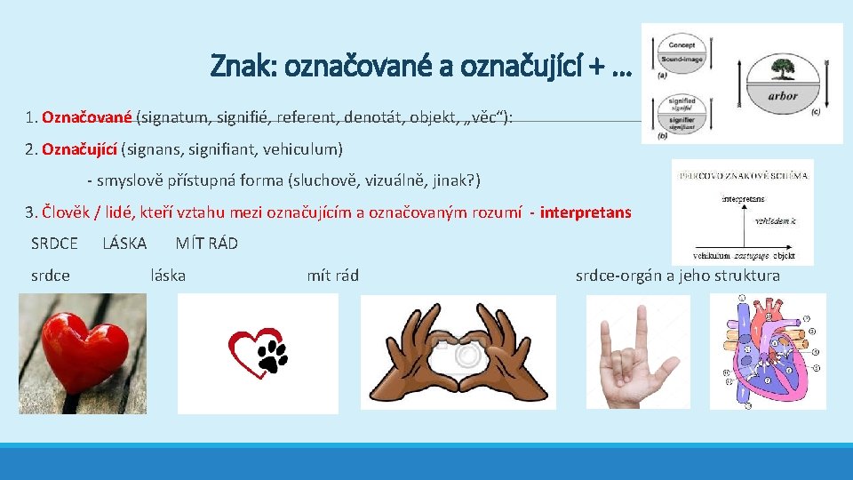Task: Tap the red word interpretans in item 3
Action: click(x=586, y=213)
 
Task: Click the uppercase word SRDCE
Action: click(x=54, y=244)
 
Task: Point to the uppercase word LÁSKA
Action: click(x=124, y=244)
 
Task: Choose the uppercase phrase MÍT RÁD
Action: click(x=206, y=244)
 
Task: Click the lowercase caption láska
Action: click(x=169, y=276)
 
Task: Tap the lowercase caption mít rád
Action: click(x=332, y=276)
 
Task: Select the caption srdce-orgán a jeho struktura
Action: click(x=677, y=276)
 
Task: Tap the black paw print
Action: click(x=272, y=356)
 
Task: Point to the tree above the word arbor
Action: click(x=782, y=69)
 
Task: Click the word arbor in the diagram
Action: click(x=782, y=95)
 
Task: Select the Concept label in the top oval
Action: click(x=682, y=44)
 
